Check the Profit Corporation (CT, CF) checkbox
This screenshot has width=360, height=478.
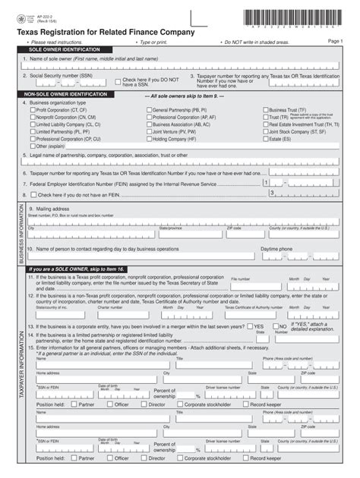pyautogui.click(x=33, y=110)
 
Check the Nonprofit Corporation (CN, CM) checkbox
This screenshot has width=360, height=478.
pyautogui.click(x=33, y=118)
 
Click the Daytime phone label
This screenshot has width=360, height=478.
pyautogui.click(x=276, y=248)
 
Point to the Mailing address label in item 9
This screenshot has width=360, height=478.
pyautogui.click(x=49, y=209)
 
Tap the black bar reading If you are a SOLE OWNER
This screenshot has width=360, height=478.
pyautogui.click(x=76, y=269)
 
